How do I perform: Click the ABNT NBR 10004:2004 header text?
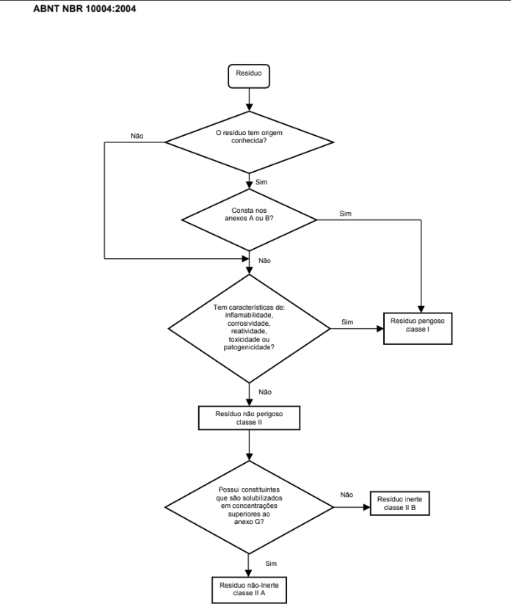[x=84, y=9]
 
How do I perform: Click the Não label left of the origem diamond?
[x=137, y=136]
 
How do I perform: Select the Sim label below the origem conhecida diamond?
[x=261, y=182]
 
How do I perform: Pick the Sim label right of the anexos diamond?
[x=345, y=214]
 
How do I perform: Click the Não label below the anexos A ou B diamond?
[x=264, y=261]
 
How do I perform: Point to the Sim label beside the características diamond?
[x=347, y=322]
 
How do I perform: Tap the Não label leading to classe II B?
[x=347, y=495]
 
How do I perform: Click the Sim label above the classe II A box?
[x=271, y=564]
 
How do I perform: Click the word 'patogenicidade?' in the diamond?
[x=249, y=347]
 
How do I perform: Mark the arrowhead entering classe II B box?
[x=367, y=507]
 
